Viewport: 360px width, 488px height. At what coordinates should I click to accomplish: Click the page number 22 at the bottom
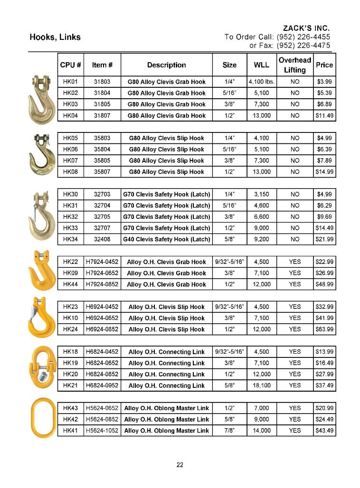click(180, 465)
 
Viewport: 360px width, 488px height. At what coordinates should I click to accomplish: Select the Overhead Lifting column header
click(294, 65)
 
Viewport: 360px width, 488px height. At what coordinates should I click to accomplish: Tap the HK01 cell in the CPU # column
click(70, 82)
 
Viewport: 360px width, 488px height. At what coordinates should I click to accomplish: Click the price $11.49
click(324, 115)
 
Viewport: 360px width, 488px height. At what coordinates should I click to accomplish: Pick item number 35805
click(102, 160)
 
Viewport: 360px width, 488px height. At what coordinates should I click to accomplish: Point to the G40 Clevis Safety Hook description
click(166, 239)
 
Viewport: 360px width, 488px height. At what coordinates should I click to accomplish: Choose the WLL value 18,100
click(261, 385)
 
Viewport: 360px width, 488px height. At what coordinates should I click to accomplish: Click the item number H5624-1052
click(102, 431)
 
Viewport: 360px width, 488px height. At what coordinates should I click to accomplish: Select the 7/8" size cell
click(229, 431)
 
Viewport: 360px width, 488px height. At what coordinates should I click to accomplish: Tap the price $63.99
click(324, 329)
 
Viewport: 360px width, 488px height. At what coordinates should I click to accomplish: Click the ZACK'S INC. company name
click(306, 28)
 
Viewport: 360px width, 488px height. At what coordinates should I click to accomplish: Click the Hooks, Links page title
click(55, 37)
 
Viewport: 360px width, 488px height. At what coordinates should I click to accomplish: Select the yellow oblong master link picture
click(42, 419)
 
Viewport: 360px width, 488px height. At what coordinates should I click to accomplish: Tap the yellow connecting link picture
click(42, 368)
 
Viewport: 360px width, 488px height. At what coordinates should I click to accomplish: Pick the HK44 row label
click(70, 284)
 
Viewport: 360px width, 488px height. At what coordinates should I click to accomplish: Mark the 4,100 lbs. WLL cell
click(261, 82)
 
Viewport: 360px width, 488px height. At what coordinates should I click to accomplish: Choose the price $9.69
click(324, 216)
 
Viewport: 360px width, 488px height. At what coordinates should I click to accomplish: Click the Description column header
click(166, 65)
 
